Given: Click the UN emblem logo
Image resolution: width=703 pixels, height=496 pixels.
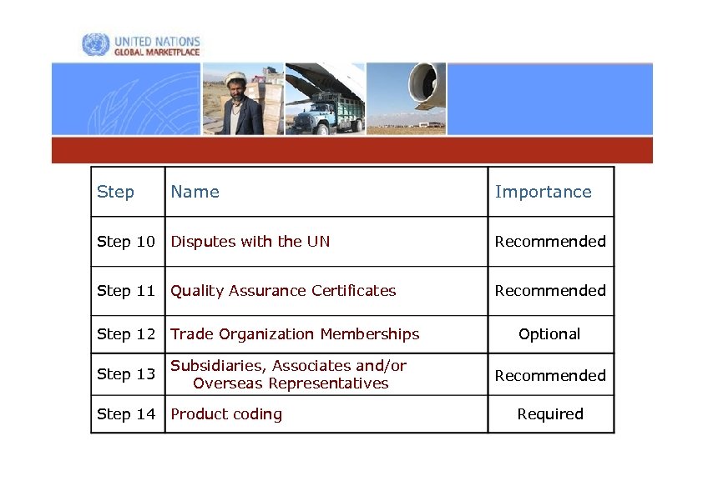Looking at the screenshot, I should point(95,45).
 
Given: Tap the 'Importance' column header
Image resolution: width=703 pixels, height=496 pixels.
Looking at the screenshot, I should point(543,192).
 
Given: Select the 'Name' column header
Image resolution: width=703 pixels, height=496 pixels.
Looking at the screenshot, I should point(195,192).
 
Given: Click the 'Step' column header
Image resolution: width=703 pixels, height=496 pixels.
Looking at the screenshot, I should point(115,192).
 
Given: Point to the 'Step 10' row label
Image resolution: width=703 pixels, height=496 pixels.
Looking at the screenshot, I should point(126,242).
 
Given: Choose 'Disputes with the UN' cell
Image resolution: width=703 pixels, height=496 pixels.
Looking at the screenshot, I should point(250,242).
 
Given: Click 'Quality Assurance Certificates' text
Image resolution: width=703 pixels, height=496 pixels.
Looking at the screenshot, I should point(283,291).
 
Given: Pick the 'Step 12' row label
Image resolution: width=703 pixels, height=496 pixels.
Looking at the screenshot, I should point(126,334).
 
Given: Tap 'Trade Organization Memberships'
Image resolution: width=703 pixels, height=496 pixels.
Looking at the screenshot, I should point(295,334).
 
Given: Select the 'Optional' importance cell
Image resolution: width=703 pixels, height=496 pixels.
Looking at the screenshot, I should point(549,334).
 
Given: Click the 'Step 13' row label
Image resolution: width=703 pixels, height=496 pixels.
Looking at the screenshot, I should point(126,374).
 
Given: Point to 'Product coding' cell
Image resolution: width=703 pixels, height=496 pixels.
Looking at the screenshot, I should point(226,414).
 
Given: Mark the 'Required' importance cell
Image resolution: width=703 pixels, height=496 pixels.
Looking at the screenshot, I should point(550,414).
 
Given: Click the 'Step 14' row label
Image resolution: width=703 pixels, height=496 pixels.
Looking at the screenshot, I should point(126,414).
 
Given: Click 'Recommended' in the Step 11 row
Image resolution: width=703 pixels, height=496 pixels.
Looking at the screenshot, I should point(550,291).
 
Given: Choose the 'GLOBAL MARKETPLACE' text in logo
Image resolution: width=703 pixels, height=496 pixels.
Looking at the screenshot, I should point(157,52).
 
